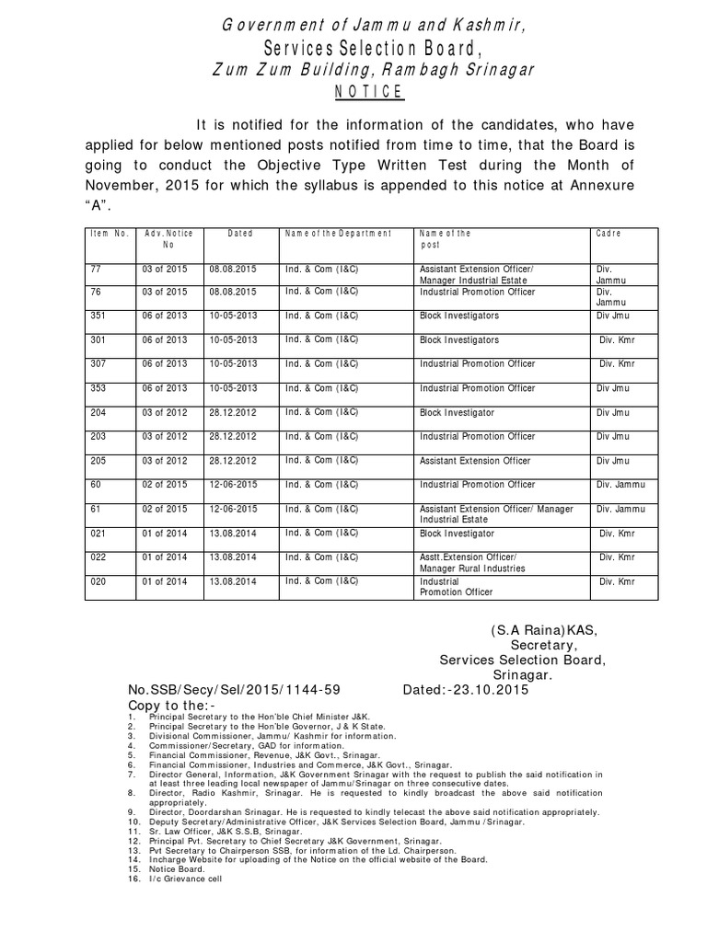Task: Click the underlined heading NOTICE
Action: tap(367, 91)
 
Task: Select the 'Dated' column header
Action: tap(239, 234)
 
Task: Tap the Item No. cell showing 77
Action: tap(98, 268)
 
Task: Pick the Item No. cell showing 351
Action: tap(99, 316)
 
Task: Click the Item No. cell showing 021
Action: tap(99, 534)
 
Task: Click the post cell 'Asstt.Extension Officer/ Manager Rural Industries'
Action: tap(472, 563)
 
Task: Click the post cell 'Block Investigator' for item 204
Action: tap(457, 412)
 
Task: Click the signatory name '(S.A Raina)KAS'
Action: tap(542, 630)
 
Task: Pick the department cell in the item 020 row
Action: tap(322, 581)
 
